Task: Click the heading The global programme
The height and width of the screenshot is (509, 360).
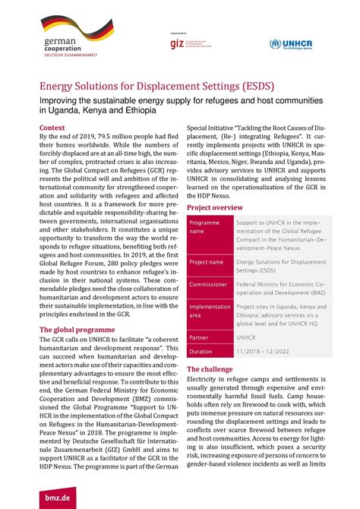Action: pyautogui.click(x=77, y=330)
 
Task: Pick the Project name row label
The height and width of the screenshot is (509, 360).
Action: pyautogui.click(x=207, y=261)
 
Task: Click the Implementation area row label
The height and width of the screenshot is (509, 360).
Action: pyautogui.click(x=209, y=310)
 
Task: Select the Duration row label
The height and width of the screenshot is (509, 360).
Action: pyautogui.click(x=201, y=352)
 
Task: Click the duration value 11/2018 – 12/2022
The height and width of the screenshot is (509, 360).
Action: pyautogui.click(x=262, y=352)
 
